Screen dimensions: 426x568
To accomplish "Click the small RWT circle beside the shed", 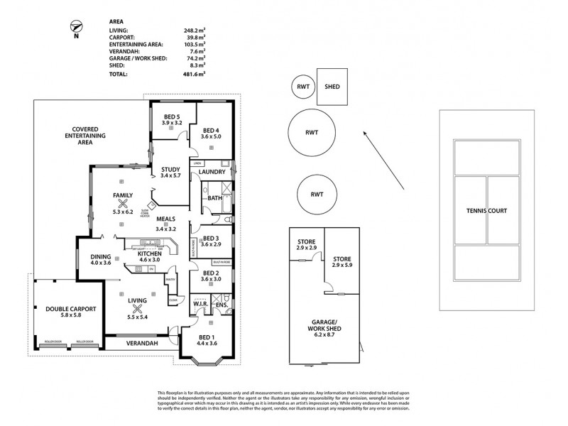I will pos(301,87).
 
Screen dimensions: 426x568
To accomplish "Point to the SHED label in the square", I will pos(332,87).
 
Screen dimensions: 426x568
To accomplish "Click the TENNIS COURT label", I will pos(487,210).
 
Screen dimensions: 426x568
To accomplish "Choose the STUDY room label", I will pos(171,168).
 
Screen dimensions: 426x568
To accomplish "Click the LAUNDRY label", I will pos(212,172).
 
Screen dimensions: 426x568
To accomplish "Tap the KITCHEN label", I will pos(150,253).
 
